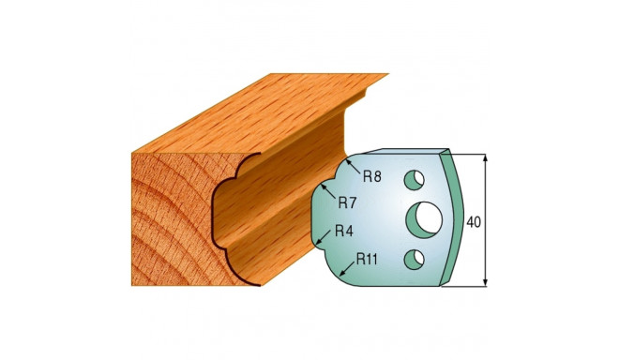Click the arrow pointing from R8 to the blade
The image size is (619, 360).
[x=349, y=166]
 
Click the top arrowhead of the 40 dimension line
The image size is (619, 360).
[x=487, y=160]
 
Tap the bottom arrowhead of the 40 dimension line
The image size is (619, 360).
[x=487, y=281]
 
